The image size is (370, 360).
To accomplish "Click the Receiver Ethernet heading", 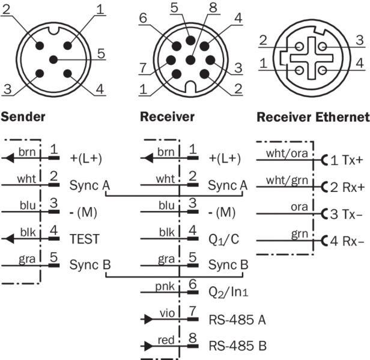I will [312, 116].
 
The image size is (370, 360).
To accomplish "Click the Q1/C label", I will [224, 238].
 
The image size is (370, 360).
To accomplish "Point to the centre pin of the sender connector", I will [53, 59].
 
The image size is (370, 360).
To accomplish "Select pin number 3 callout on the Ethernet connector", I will [359, 40].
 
